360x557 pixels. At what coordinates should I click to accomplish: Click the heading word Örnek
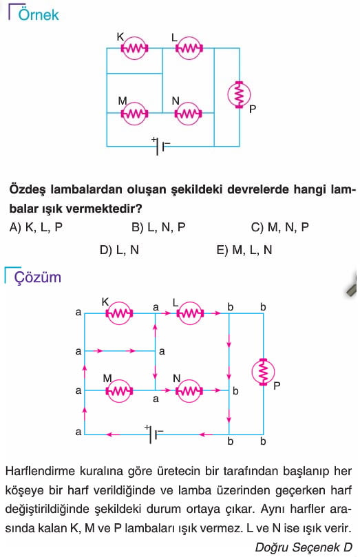39,14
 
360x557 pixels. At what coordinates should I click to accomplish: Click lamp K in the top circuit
134,48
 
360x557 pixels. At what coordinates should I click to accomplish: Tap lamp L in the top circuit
189,48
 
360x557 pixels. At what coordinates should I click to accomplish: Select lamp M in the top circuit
134,114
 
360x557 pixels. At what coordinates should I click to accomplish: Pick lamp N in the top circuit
188,114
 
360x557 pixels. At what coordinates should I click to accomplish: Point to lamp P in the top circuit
240,95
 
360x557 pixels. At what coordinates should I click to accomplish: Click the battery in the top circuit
160,146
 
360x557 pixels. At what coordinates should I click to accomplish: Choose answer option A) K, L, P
36,227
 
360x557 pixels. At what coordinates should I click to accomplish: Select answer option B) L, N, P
158,227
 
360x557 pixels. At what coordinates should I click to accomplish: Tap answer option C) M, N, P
279,227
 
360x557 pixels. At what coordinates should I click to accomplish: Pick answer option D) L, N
119,250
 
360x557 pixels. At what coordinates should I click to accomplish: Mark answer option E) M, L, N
244,250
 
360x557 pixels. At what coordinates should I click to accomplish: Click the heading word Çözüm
38,277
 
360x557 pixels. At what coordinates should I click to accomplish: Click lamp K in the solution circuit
119,313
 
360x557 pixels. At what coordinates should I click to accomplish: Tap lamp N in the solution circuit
189,390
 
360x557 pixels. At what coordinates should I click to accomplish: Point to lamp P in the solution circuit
263,372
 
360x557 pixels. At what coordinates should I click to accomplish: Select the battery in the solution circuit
153,434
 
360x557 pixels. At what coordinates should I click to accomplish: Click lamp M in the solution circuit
119,390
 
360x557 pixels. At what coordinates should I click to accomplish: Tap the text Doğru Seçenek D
304,547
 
